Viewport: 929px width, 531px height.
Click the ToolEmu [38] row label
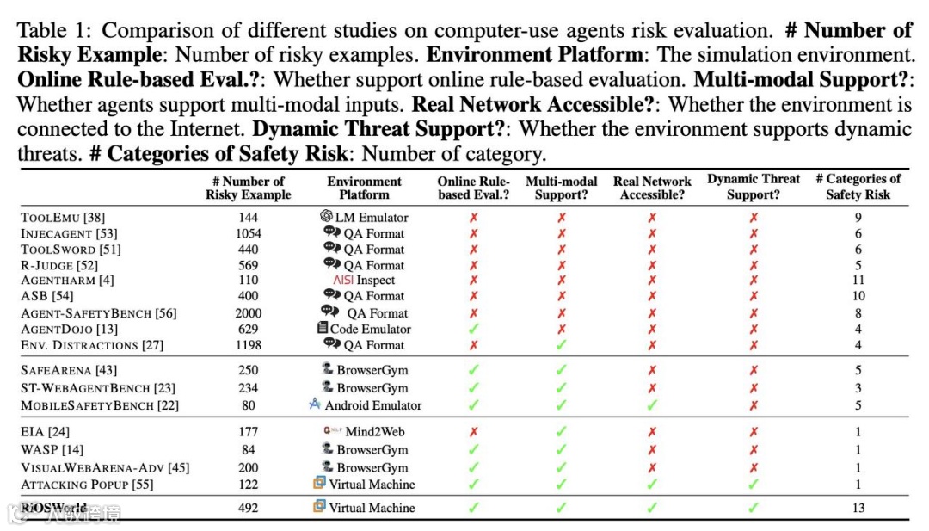63,218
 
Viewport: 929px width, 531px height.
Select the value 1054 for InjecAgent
248,233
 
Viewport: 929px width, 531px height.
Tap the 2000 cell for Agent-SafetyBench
248,313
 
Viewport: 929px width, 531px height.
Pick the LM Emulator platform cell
364,218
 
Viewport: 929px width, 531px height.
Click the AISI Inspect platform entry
364,281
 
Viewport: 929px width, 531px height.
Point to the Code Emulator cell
364,329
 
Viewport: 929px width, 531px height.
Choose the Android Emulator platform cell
364,404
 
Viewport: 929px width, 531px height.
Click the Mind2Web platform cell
364,432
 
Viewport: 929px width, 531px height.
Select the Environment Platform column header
364,188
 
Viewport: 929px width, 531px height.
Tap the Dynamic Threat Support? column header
754,187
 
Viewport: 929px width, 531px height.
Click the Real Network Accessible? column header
652,188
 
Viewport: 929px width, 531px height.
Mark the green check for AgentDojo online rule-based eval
473,329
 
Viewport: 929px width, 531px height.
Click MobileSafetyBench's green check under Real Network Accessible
652,404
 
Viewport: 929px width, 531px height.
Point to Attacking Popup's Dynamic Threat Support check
754,485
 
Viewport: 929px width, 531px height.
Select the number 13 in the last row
858,508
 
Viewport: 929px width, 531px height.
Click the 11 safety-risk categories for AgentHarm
858,281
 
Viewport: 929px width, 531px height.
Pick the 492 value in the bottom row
248,508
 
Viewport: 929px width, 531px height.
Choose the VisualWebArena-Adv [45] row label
105,468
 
